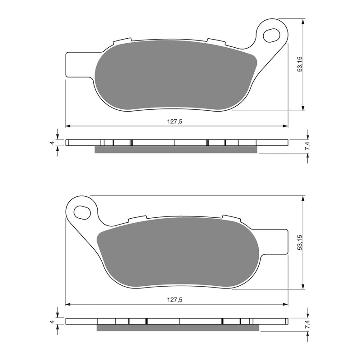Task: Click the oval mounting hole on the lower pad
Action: [82, 211]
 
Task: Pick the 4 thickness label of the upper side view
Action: [52, 143]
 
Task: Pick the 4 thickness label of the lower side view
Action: [52, 321]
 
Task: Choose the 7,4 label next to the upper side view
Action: [306, 146]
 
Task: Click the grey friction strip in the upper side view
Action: [175, 150]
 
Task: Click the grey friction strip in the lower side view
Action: [178, 328]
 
